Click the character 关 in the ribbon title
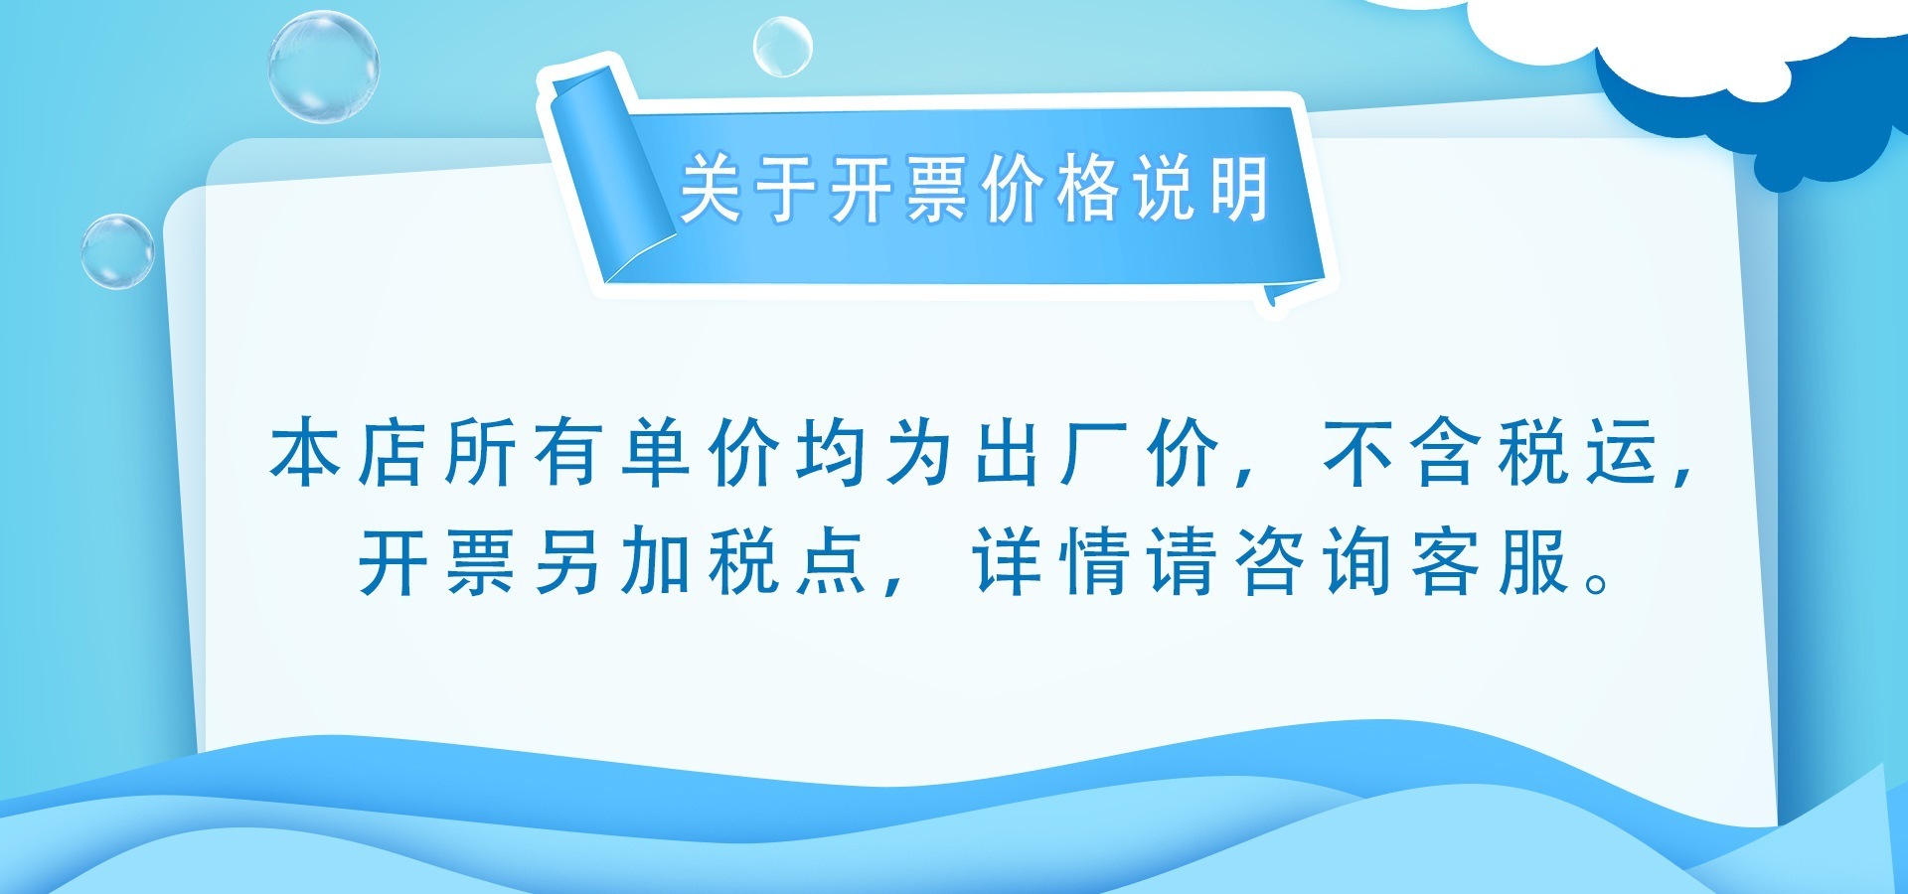click(x=712, y=188)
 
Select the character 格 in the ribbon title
click(x=1088, y=188)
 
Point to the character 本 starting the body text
click(x=305, y=453)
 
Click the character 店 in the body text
click(x=393, y=453)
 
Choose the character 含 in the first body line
click(x=1446, y=453)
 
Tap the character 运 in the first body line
click(x=1622, y=453)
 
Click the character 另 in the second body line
click(x=567, y=562)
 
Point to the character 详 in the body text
click(x=1007, y=562)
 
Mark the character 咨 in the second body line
click(x=1270, y=562)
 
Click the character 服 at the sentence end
click(x=1533, y=562)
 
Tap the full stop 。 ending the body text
click(x=1598, y=581)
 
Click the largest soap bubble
click(x=323, y=68)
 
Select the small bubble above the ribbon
click(x=782, y=47)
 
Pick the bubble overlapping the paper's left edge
click(x=117, y=251)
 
